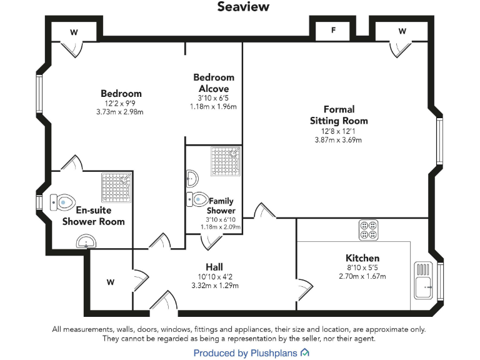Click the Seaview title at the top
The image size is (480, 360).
(243, 7)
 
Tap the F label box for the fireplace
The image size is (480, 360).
(333, 30)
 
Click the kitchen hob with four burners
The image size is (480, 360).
(367, 230)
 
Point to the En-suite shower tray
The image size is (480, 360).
(117, 187)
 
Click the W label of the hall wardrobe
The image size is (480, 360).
(111, 282)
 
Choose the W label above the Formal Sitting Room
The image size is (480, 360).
(402, 31)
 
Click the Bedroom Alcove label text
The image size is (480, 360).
(214, 83)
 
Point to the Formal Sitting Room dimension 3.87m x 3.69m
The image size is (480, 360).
(338, 140)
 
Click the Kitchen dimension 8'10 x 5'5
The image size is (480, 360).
(362, 267)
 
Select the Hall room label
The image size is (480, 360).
(214, 266)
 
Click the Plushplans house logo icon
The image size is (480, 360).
(304, 353)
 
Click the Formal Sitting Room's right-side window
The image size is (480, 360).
(439, 142)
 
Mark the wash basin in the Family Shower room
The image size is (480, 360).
(192, 179)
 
